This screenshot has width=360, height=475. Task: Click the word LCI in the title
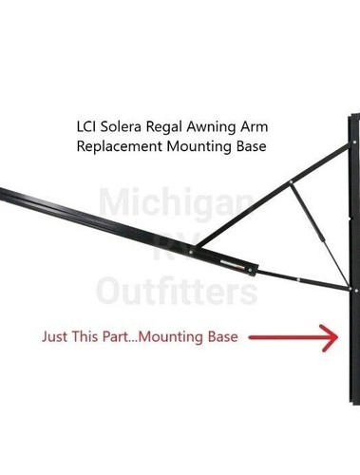[x=87, y=126]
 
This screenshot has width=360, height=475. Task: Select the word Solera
[x=128, y=126]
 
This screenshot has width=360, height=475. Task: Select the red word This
[x=87, y=337]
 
